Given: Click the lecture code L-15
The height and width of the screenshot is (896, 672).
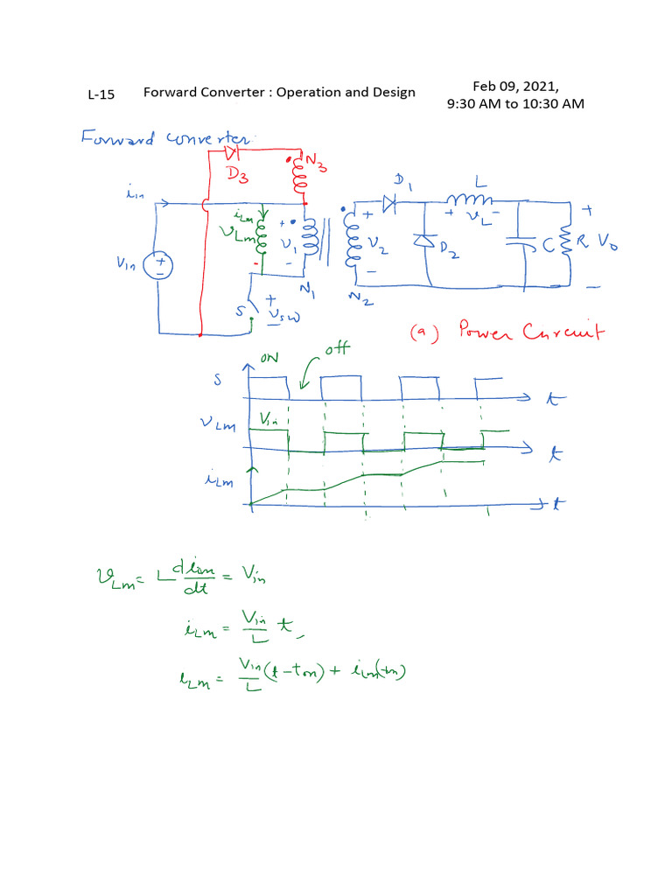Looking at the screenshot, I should pyautogui.click(x=101, y=94).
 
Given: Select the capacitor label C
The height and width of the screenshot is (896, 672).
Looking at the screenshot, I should pyautogui.click(x=549, y=247).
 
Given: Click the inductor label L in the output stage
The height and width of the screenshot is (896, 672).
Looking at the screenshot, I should pyautogui.click(x=480, y=181).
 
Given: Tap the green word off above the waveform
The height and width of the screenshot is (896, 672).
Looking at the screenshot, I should pyautogui.click(x=336, y=349).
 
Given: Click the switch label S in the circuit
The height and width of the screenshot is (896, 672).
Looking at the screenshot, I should pyautogui.click(x=241, y=309).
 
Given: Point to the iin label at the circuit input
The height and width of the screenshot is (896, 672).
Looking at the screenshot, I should pyautogui.click(x=135, y=198).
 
